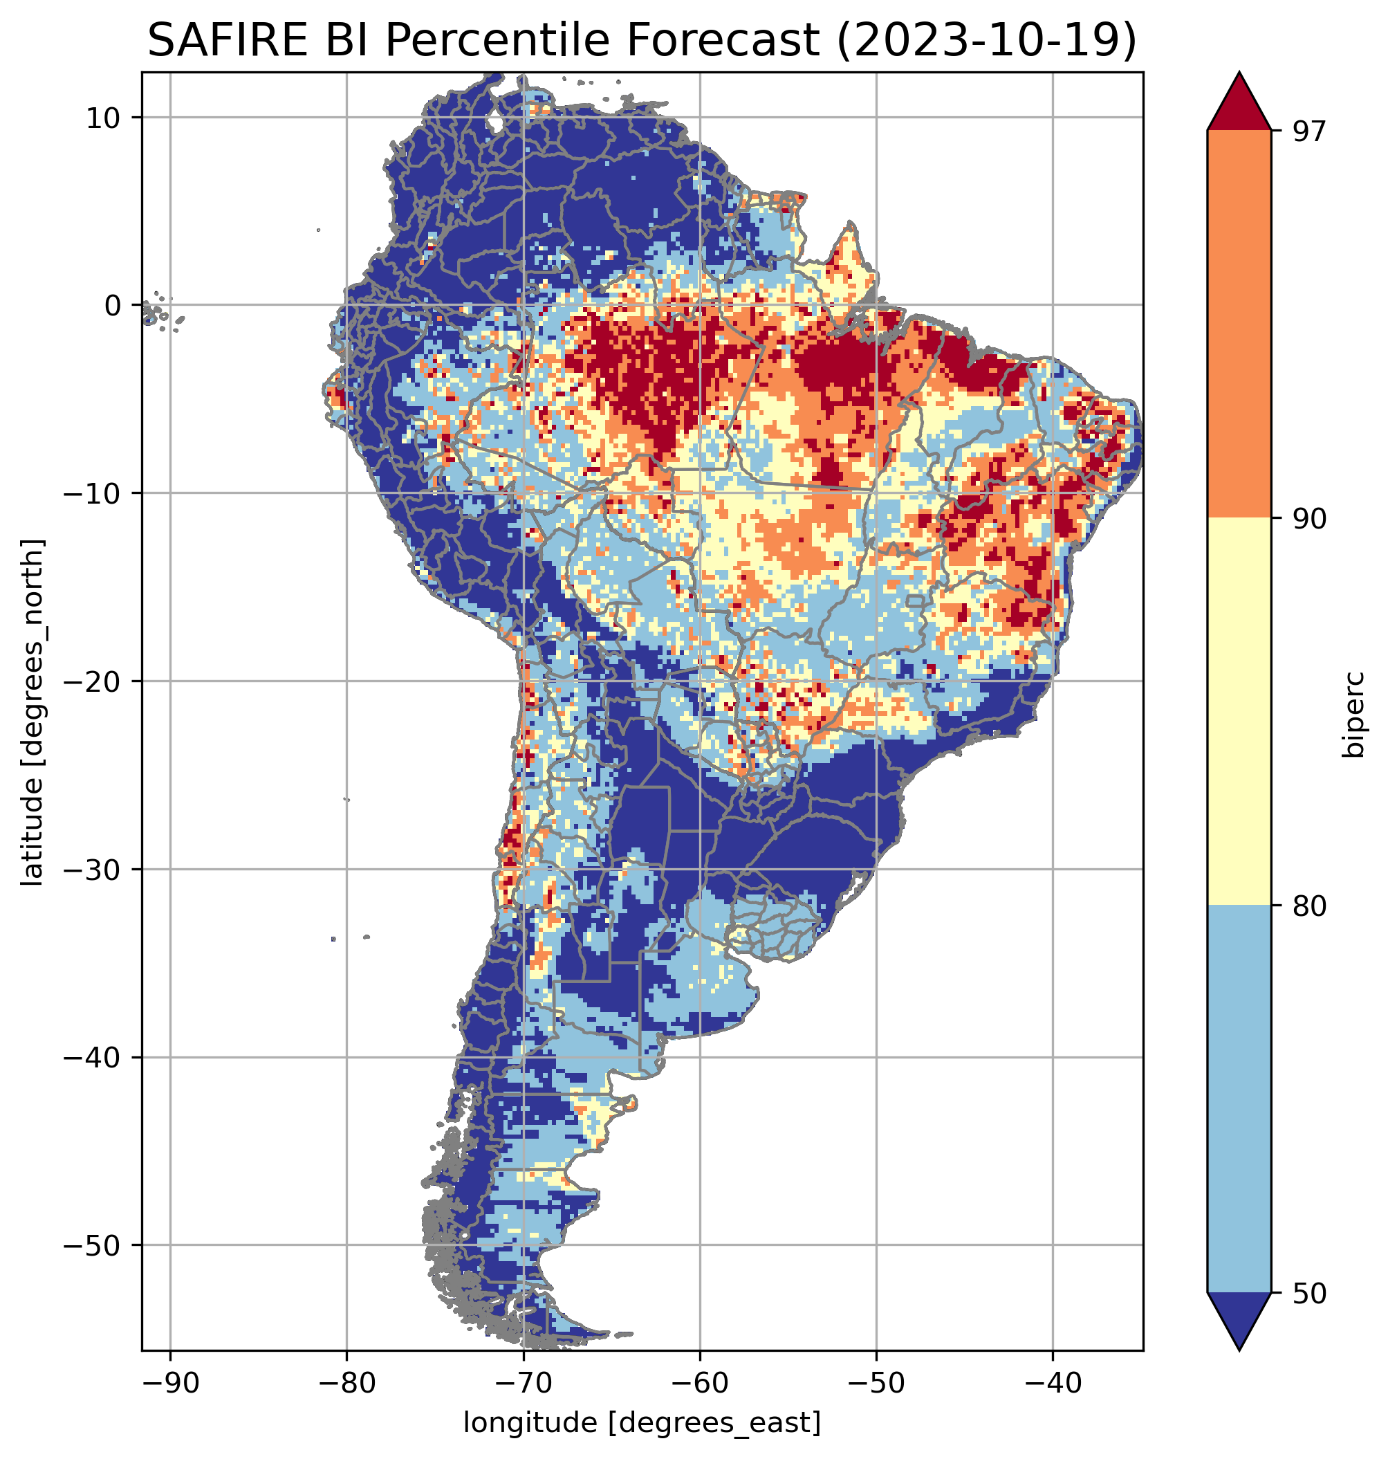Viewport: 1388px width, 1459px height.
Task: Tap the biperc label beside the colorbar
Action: click(x=1355, y=713)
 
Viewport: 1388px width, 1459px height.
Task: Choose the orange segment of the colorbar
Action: click(x=1239, y=324)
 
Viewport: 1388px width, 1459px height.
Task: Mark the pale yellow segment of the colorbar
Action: click(x=1239, y=712)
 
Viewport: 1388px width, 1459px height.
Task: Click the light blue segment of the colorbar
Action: click(x=1239, y=1099)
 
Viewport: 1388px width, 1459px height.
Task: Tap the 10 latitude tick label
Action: click(x=104, y=118)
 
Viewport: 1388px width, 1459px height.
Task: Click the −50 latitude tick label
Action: click(x=93, y=1246)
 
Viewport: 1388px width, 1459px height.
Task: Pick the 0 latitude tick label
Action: click(x=113, y=306)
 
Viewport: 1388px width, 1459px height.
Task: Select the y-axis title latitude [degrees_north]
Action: click(x=33, y=711)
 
